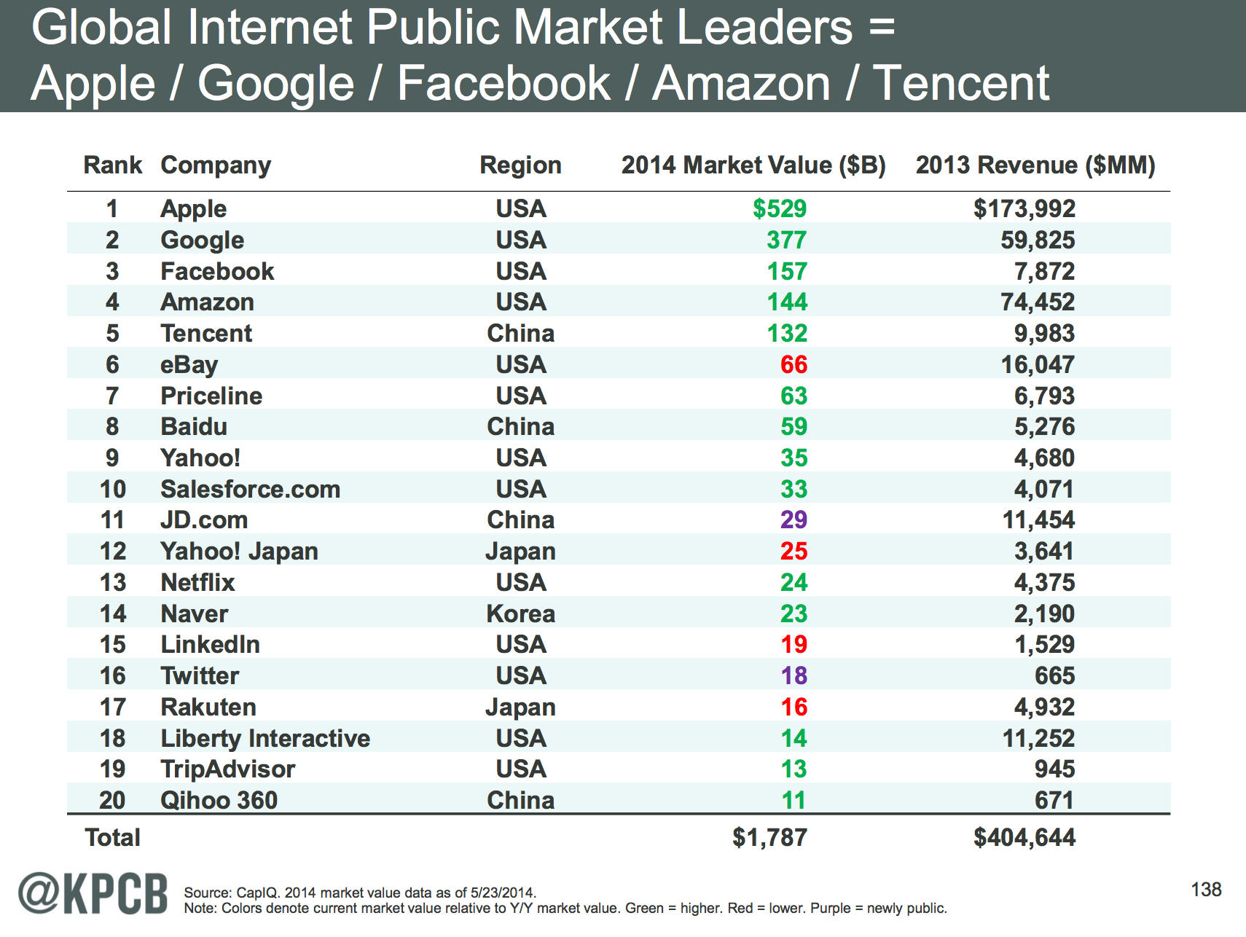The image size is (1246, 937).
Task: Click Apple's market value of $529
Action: coord(779,209)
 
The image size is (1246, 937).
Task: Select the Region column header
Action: coord(520,165)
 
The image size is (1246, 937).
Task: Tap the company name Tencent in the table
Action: coord(206,334)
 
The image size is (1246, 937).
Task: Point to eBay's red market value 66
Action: coord(794,365)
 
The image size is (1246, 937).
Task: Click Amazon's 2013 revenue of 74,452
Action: coord(1037,302)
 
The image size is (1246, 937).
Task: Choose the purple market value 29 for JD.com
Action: coord(794,520)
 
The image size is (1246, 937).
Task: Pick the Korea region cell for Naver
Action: coord(520,614)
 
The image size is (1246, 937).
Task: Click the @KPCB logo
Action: coord(93,893)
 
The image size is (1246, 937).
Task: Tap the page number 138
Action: coord(1206,890)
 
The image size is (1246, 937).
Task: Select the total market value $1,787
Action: coord(769,838)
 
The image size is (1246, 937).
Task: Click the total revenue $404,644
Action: coord(1024,838)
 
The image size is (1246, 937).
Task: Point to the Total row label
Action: coord(112,838)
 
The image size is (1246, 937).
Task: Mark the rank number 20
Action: coord(112,801)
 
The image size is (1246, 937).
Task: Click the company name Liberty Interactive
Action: coord(265,739)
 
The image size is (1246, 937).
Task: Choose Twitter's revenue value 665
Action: coord(1054,676)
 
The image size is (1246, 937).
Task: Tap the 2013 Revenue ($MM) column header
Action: coord(1035,165)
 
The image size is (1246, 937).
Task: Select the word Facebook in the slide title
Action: coord(504,83)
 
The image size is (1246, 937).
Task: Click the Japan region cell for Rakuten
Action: coord(520,707)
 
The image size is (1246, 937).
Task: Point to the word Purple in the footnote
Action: coord(831,909)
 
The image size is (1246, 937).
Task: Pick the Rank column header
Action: coord(112,165)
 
